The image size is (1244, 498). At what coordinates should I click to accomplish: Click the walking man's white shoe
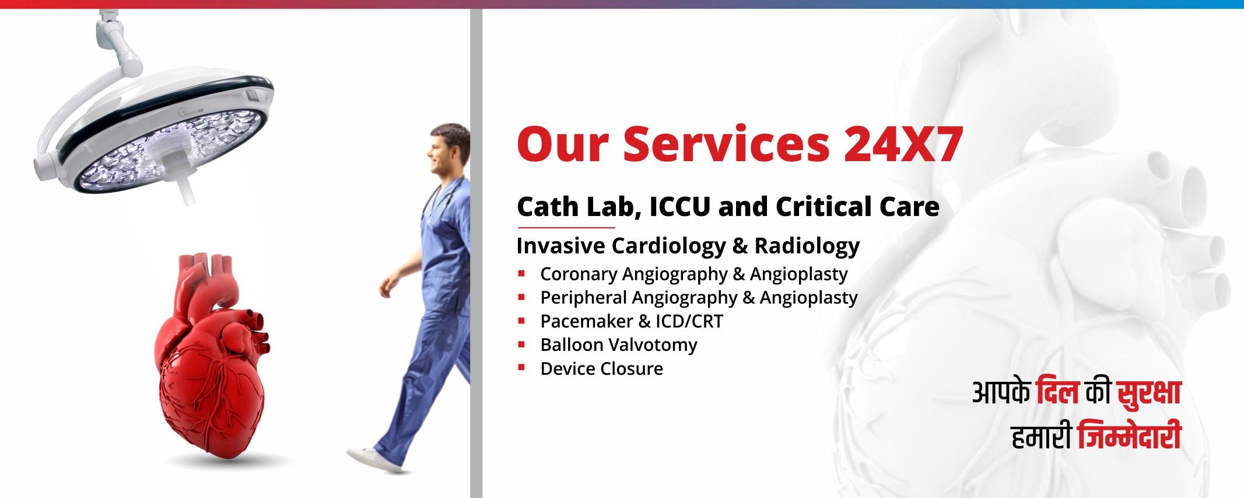pos(373,459)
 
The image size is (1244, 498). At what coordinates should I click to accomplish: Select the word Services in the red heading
pos(726,144)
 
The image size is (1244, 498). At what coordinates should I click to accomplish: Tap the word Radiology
pos(807,246)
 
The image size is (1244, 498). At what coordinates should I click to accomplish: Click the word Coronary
pos(579,274)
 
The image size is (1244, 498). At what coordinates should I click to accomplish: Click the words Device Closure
pos(602,368)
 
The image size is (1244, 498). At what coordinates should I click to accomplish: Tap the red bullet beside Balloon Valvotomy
pos(522,344)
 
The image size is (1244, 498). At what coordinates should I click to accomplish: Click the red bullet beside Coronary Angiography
pos(522,273)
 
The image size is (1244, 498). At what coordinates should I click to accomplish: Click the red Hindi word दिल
pos(1057,392)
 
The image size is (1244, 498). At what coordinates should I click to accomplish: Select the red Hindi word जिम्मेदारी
pos(1129,436)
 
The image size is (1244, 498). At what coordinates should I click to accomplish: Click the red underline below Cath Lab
pos(566,227)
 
